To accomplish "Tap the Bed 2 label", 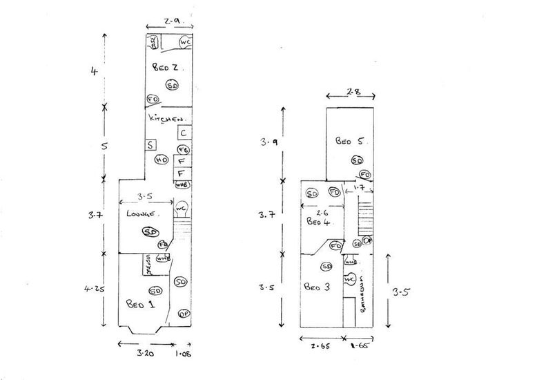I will click(166, 68).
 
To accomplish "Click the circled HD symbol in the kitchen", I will click(162, 160).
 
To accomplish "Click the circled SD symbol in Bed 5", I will click(357, 160).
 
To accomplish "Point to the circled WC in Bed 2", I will click(185, 43).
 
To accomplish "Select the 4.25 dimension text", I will click(97, 288).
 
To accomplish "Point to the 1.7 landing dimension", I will click(359, 187).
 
